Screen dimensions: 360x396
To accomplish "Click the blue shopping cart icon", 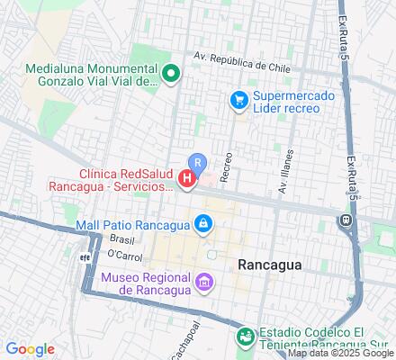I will point(238,100).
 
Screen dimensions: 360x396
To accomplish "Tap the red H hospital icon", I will point(187,180).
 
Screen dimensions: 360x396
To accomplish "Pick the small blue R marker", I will point(199,163).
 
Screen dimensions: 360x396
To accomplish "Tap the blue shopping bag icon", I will point(205,222).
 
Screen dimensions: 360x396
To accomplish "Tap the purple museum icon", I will point(205,283).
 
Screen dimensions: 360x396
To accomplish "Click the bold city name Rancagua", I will point(269,265).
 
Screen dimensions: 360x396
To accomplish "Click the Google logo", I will point(30,349).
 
